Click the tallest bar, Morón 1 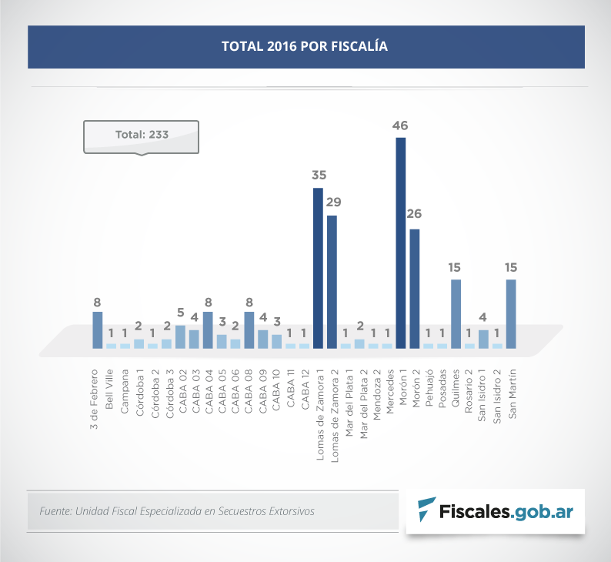click(x=400, y=243)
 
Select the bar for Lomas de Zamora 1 click(x=318, y=268)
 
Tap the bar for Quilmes click(x=456, y=313)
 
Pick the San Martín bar click(x=511, y=313)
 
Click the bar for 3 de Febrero click(x=98, y=330)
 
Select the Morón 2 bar click(x=415, y=289)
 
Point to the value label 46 click(x=400, y=125)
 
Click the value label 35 click(x=319, y=176)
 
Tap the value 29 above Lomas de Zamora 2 click(x=332, y=202)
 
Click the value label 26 click(x=416, y=214)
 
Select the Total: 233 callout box click(x=142, y=135)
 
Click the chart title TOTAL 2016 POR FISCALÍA click(x=305, y=46)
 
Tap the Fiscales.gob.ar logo click(x=496, y=510)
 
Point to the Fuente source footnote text click(x=176, y=510)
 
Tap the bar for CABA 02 click(x=180, y=337)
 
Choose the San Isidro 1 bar click(x=483, y=340)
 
